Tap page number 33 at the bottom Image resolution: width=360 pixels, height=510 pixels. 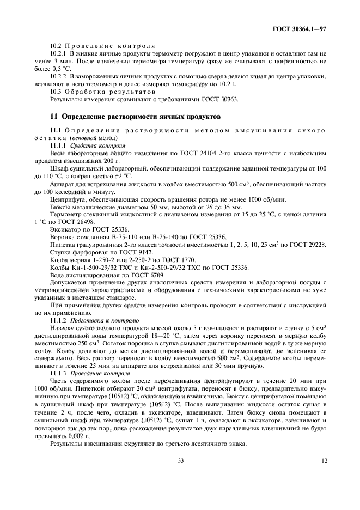click(180, 461)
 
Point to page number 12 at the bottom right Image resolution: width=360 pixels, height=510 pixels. click(324, 461)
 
